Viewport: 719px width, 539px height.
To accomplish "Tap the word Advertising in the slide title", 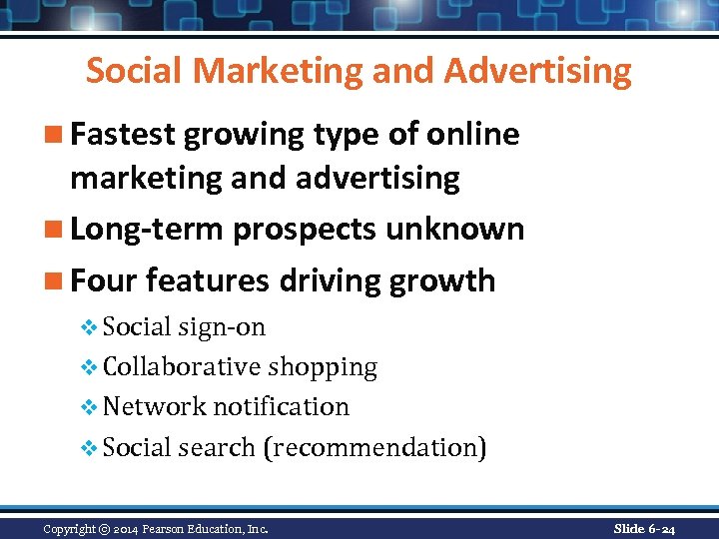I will [538, 71].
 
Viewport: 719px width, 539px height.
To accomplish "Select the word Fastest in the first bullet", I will [135, 135].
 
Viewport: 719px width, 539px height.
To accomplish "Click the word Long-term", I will [148, 230].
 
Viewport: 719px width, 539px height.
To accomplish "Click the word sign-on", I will [223, 327].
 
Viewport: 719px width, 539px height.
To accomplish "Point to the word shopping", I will [323, 367].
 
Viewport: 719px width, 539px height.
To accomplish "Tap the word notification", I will [282, 407].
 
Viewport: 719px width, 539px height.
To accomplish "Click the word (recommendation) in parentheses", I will [374, 447].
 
